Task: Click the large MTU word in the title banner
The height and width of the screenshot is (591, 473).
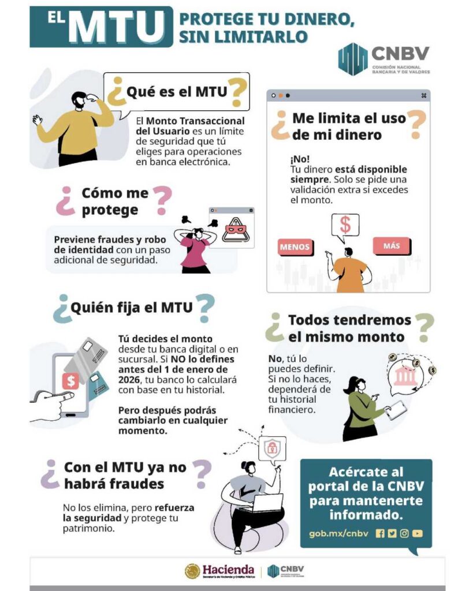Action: (x=117, y=27)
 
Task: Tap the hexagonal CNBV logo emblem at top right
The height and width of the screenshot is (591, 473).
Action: (x=353, y=59)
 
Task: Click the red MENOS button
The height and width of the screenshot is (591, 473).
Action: (x=295, y=247)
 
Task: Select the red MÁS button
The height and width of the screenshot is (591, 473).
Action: (x=392, y=246)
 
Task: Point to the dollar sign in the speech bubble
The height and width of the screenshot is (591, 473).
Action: (x=345, y=225)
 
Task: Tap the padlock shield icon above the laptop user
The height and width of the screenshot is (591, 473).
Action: (x=271, y=448)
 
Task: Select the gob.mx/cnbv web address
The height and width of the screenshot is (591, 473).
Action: (x=338, y=533)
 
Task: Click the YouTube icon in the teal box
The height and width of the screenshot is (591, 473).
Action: (x=417, y=533)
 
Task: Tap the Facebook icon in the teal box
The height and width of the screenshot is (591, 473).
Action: (x=380, y=533)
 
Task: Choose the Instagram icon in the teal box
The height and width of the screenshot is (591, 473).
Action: (x=404, y=533)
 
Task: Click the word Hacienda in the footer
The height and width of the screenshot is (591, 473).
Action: (x=228, y=568)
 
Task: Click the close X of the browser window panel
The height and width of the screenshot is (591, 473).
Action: (x=423, y=96)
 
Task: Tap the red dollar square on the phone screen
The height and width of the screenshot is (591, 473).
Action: (x=71, y=381)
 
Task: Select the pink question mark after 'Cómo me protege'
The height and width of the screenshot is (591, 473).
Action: (x=162, y=200)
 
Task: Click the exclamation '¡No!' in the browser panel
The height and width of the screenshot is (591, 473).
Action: (x=300, y=159)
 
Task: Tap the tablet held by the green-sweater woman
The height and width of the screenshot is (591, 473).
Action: (x=395, y=409)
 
